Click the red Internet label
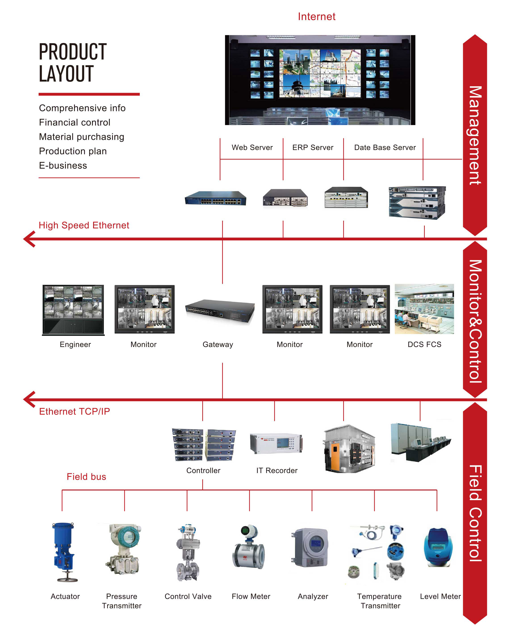coord(316,17)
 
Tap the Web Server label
coord(252,147)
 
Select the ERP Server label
coord(313,147)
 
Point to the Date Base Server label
coord(385,147)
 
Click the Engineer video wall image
coord(73,310)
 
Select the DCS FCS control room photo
coord(424,309)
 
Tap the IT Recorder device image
coord(276,443)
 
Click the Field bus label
coord(86,477)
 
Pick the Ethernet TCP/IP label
coord(74,411)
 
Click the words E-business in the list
coord(63,166)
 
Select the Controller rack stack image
coord(204,445)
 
